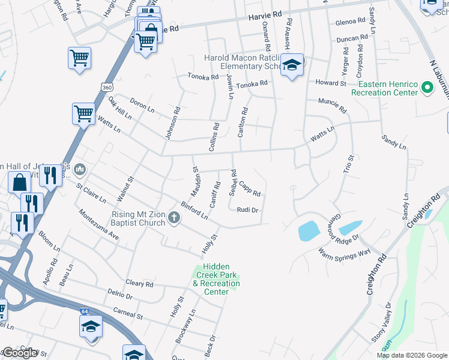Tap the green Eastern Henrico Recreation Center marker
coord(427,89)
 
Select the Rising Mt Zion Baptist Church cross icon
coord(174,218)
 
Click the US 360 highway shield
coord(107,87)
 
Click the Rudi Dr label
coord(247,210)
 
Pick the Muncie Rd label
coord(333,106)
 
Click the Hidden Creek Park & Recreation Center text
coord(216,279)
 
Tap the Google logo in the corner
coord(20,353)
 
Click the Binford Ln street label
coord(194,210)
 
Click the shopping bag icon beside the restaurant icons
coord(19,181)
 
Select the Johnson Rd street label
coord(170,123)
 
